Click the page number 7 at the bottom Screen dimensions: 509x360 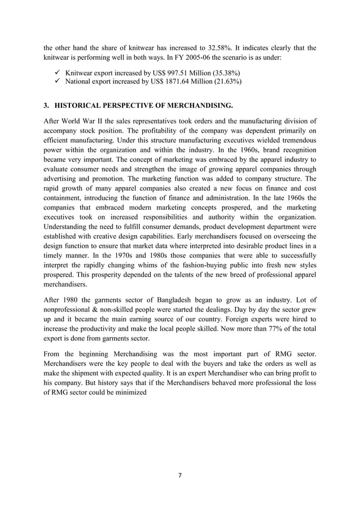[x=179, y=476]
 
